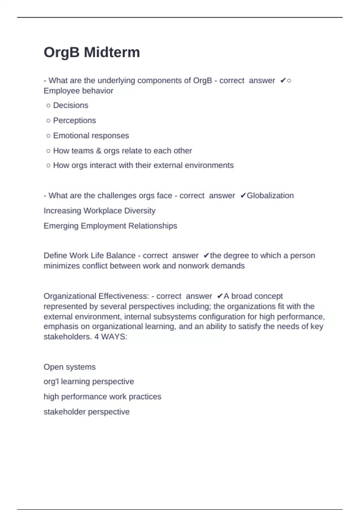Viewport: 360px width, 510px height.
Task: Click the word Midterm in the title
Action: point(112,52)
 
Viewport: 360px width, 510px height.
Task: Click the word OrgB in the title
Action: point(62,52)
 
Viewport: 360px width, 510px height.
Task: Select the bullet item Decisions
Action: point(70,105)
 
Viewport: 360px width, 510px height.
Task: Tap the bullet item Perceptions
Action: point(74,120)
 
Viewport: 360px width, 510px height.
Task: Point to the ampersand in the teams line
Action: point(99,151)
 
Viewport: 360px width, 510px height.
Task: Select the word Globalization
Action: point(270,196)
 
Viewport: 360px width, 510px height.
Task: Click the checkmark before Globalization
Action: point(243,196)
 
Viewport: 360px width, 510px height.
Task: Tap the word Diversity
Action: point(140,211)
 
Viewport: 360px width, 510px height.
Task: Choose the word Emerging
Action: point(61,226)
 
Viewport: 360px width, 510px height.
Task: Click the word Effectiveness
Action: point(124,296)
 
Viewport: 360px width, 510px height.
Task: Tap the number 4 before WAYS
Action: point(97,337)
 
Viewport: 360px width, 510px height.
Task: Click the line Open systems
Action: point(70,367)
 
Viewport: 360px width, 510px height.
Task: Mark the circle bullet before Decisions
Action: point(48,106)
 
